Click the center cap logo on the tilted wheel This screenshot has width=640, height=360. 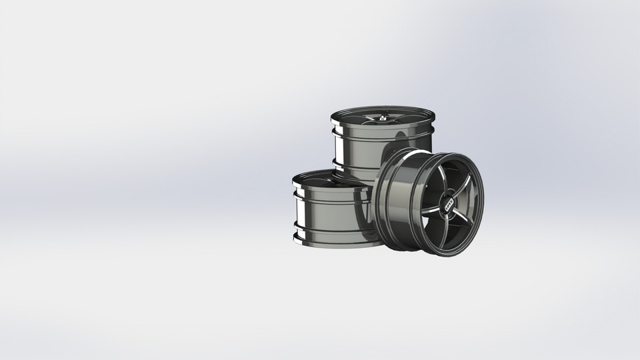(x=448, y=201)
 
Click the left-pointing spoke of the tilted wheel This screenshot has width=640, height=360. (x=431, y=200)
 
